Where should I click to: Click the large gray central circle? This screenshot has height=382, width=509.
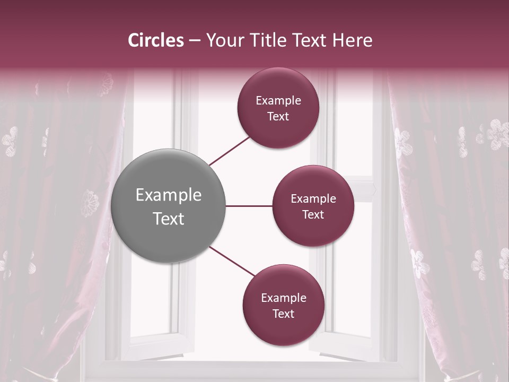pos(169,206)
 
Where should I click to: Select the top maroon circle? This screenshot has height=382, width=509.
pos(278,108)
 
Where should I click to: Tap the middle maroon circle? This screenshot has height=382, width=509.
pos(313,206)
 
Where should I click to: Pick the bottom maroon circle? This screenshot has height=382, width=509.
pos(283,306)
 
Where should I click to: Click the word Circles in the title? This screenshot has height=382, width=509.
pos(156,40)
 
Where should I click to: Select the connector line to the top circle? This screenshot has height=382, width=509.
pos(230,150)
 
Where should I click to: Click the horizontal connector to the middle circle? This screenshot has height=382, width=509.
pos(249,206)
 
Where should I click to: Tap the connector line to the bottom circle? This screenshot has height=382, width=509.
pos(232,262)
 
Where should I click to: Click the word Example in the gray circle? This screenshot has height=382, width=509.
pos(169,195)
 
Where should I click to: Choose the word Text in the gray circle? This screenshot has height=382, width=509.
pos(169,219)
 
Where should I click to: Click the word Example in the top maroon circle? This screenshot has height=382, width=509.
pos(278,100)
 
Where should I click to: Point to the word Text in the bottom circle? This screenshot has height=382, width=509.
pos(283,314)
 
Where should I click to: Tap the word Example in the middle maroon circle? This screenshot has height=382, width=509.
pos(313,198)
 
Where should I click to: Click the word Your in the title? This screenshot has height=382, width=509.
pos(221,40)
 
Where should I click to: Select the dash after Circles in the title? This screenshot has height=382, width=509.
pos(195,41)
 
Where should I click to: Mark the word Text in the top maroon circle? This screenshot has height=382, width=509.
pos(278,116)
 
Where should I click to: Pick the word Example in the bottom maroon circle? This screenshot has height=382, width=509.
pos(284,298)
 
